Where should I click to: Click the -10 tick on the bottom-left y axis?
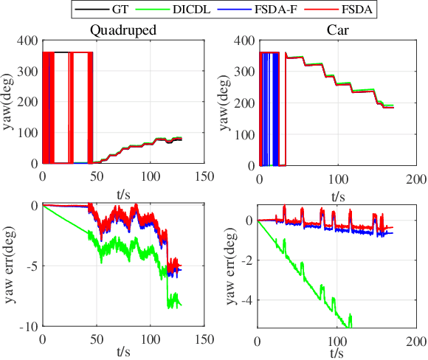[28, 326]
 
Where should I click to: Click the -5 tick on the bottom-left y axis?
[31, 266]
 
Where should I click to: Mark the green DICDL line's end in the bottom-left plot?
[180, 305]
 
